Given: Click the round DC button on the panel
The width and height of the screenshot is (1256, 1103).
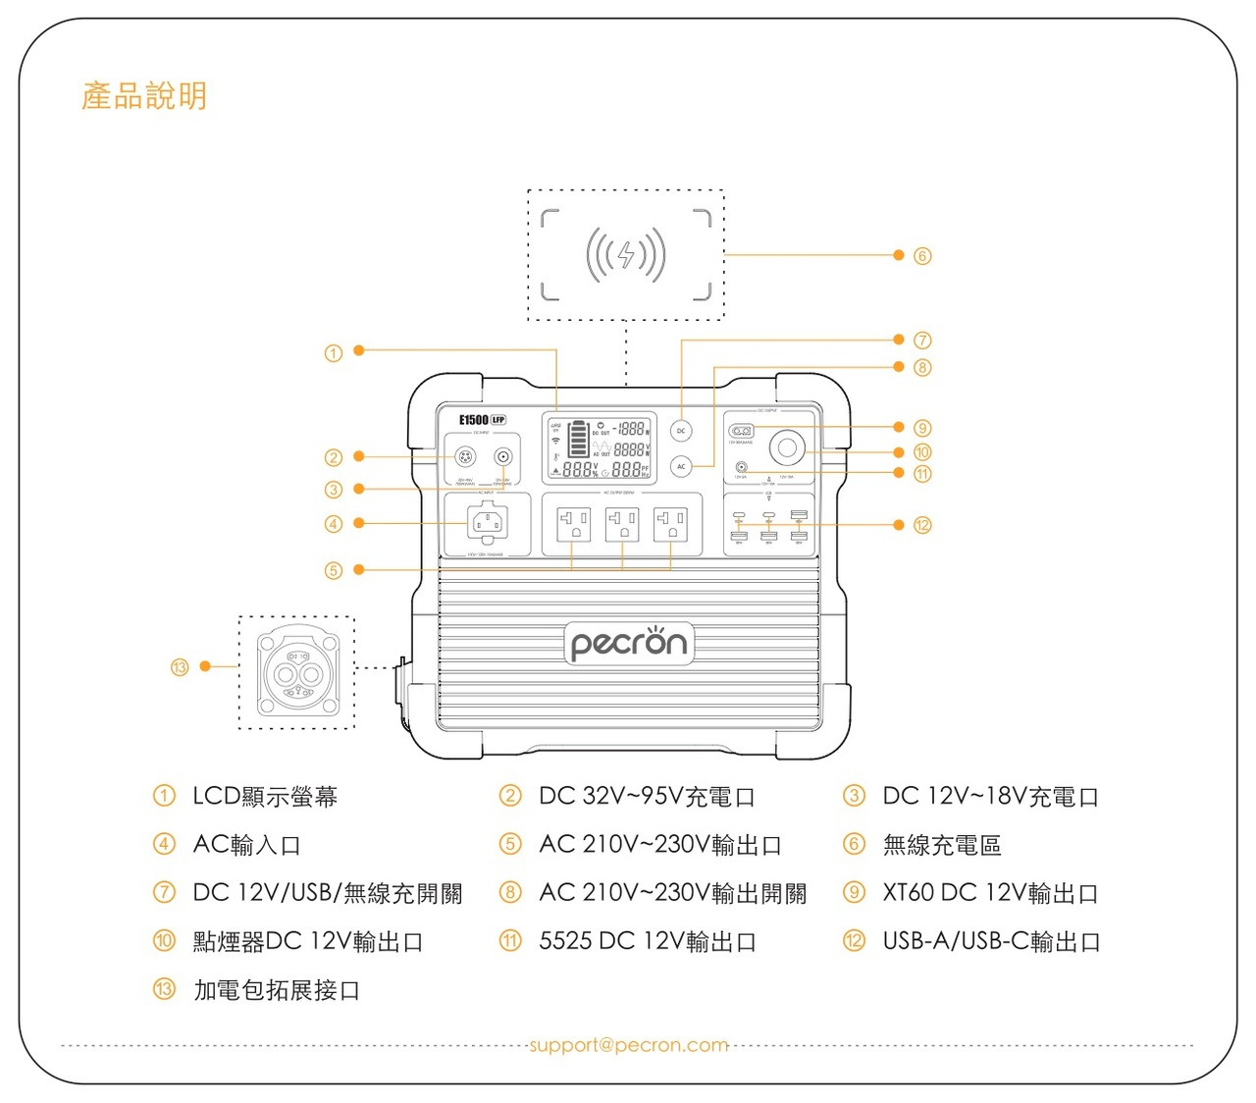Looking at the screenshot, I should coord(681,431).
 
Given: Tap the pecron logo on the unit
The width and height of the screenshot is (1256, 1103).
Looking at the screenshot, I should coord(629,644).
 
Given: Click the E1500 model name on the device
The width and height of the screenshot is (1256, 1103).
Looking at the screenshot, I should coord(474,420).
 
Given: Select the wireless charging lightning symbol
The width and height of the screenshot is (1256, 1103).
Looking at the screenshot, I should coord(626,255).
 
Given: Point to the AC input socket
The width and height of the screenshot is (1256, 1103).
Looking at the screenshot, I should coord(488,523).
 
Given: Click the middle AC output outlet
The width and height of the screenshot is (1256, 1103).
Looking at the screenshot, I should coord(622,523).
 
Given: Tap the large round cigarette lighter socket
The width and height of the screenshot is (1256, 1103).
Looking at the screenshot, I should coord(786,448).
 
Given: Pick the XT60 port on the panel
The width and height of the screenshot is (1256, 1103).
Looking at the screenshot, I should coord(741,431).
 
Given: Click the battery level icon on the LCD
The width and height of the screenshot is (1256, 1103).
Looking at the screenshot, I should coord(579,440).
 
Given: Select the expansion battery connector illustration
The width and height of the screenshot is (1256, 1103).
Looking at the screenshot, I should coord(296,673).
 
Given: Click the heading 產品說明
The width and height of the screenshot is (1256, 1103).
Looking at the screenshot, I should coord(144,96).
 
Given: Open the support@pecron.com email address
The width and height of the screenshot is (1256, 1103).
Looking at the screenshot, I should coord(628,1045).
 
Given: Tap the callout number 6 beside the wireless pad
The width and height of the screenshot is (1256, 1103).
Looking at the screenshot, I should coord(922,256).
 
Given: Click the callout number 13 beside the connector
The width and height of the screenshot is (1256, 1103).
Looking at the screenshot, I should coord(180,667).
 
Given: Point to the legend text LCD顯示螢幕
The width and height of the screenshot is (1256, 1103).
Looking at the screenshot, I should coord(265,796).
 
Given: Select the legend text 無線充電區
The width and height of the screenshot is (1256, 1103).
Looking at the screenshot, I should coord(942,845).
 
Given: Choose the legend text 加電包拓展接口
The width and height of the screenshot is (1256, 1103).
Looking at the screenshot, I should coord(277,990).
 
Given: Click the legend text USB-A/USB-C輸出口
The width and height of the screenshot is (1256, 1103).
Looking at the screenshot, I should coord(991,941).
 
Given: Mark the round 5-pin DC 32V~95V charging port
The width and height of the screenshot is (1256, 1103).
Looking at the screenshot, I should coord(466,457).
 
